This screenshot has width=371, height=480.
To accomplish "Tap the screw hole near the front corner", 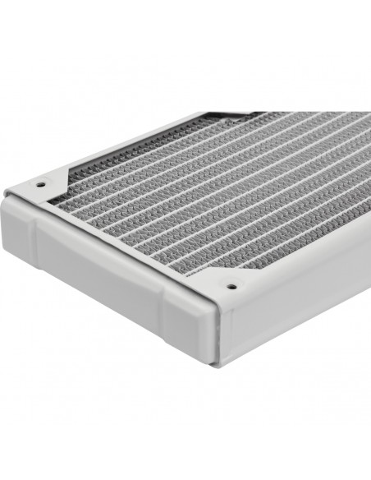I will click(231, 287).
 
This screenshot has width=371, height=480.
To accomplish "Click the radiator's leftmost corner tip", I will click(6, 194).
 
